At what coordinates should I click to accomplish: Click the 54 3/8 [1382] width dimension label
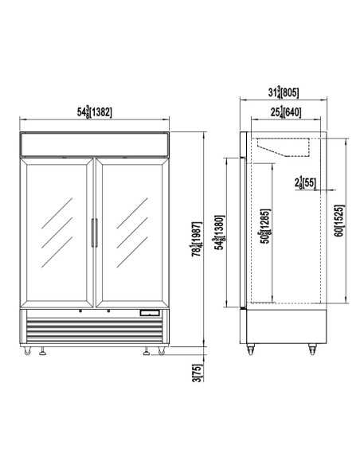(x=94, y=111)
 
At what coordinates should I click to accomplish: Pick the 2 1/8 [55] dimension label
(x=305, y=183)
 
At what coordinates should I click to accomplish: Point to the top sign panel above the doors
(x=95, y=145)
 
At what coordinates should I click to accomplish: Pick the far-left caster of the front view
(x=30, y=352)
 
